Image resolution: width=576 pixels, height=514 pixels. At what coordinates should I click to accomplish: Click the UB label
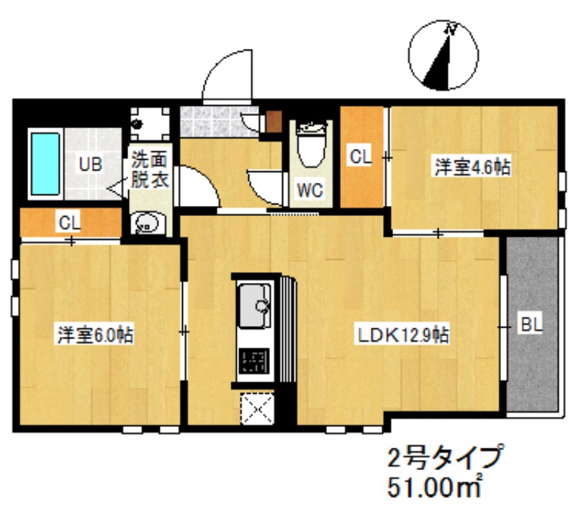[90, 165]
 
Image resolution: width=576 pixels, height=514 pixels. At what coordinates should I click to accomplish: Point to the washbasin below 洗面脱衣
[148, 224]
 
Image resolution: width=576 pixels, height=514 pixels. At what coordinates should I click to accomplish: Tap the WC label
[310, 191]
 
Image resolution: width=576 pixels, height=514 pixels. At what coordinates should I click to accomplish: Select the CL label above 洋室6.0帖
[70, 222]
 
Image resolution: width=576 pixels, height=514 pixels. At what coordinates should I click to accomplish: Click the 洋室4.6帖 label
[472, 166]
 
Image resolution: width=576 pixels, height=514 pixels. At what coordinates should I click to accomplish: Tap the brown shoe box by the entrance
[274, 120]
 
